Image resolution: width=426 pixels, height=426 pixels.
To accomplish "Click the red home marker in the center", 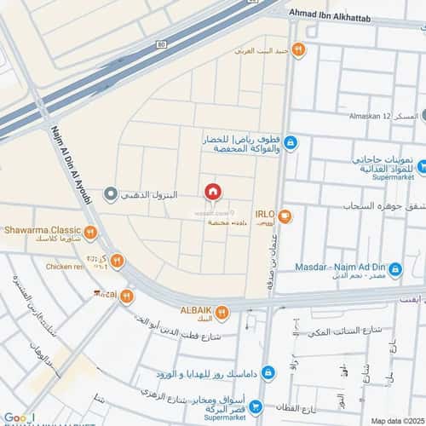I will coord(212,192).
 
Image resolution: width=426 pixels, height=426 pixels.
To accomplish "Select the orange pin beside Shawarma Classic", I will coord(90,232).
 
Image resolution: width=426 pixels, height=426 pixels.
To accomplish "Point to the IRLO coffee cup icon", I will coord(285,216).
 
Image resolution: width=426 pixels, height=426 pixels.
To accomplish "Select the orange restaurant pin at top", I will coord(297,49).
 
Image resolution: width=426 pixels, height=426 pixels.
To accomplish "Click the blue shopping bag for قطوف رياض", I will coord(290,142).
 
